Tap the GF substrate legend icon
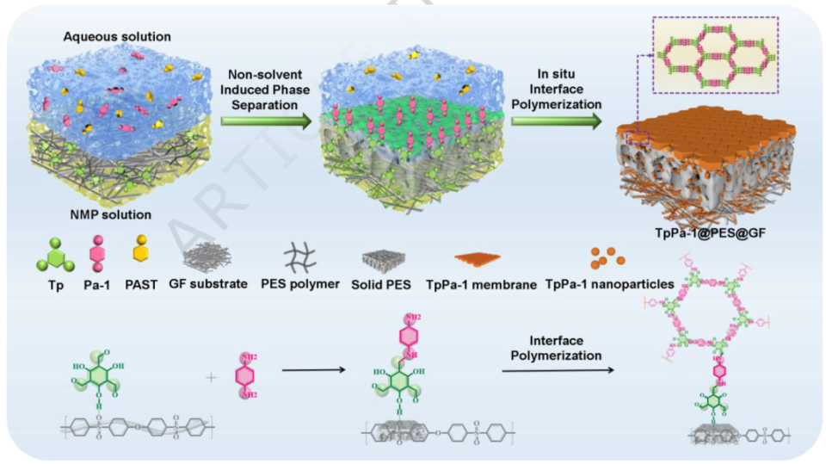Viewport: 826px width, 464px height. pyautogui.click(x=206, y=257)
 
